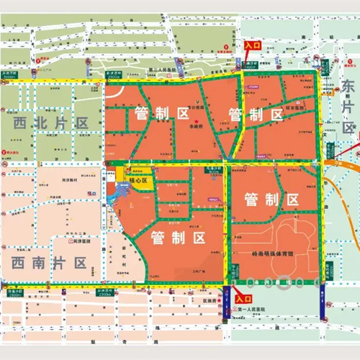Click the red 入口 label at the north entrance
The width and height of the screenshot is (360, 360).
252,45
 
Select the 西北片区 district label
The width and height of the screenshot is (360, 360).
50,123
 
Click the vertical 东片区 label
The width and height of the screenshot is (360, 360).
348,108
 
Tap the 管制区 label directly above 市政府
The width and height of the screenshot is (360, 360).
161,114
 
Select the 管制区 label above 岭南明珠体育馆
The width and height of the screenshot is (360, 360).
271,199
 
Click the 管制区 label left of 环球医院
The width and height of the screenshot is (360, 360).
254,114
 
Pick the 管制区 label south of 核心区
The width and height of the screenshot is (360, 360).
179,238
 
